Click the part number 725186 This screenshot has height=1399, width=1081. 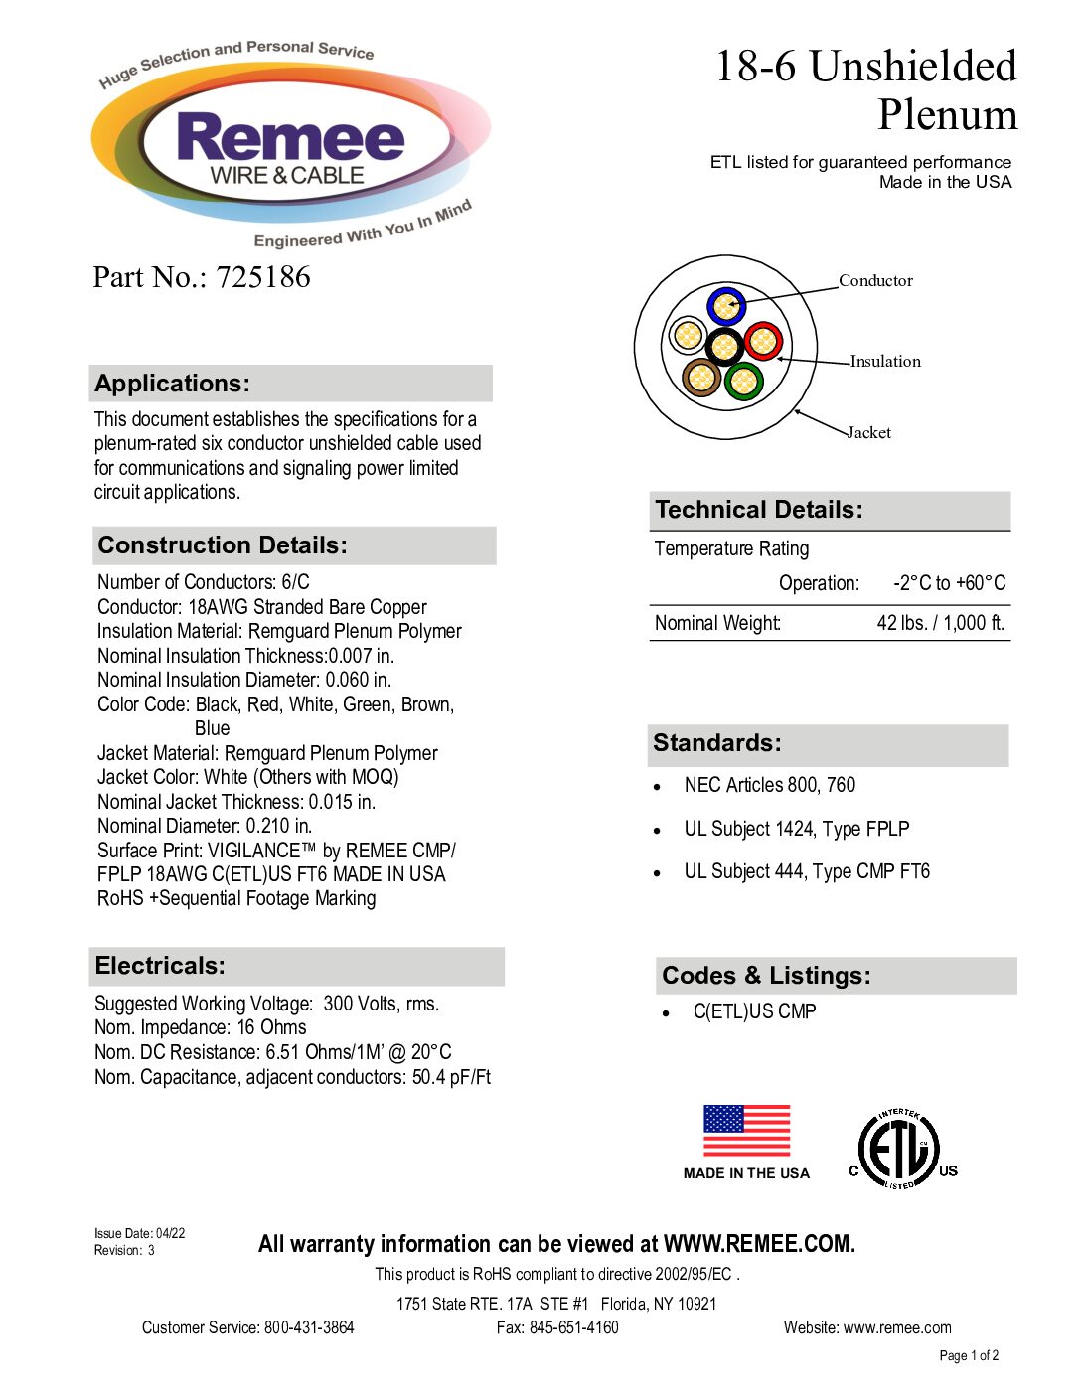[263, 277]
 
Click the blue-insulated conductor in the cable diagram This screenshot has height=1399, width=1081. [726, 306]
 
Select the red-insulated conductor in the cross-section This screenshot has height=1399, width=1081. [763, 342]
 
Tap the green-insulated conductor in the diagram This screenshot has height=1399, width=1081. [743, 381]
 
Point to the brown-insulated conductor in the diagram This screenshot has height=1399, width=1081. [701, 377]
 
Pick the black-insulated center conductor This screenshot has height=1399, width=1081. [724, 346]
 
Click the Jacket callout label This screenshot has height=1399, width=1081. [869, 432]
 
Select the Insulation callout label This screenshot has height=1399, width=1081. [885, 361]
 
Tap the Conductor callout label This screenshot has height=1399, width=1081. [875, 280]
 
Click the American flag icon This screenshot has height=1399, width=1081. [746, 1131]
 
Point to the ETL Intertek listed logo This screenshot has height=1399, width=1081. [900, 1150]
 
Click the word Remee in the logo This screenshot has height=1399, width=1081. [291, 137]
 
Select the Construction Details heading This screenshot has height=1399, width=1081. [223, 545]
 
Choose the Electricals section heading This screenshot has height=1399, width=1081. [160, 966]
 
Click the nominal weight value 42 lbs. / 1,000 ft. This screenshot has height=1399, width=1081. [940, 623]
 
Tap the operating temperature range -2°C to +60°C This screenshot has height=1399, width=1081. [949, 583]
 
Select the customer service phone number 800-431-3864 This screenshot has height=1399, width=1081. [309, 1327]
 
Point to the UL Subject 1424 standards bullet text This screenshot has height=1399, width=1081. [796, 829]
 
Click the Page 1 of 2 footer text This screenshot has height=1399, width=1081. [969, 1355]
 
